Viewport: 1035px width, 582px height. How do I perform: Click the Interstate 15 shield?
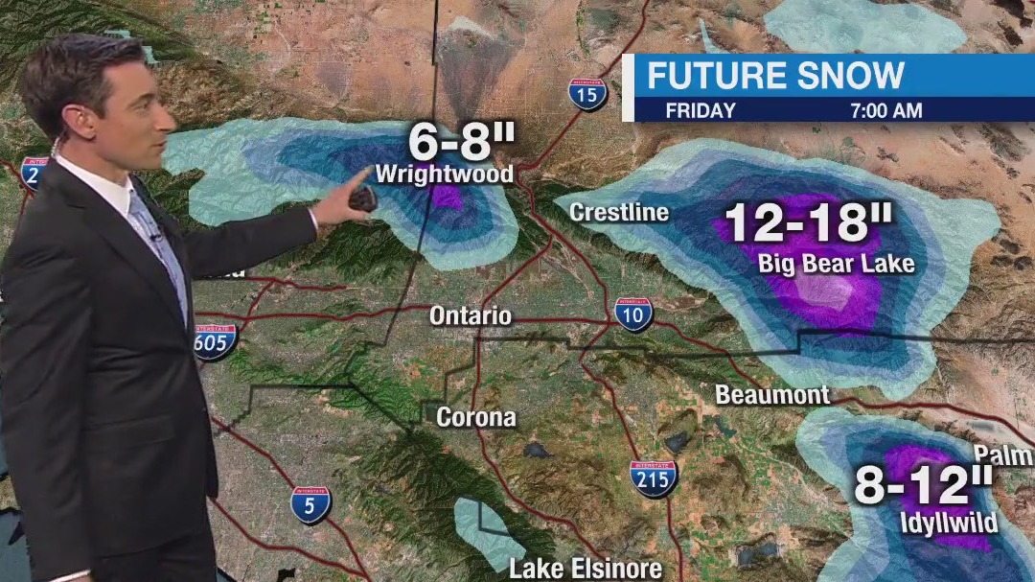click(586, 94)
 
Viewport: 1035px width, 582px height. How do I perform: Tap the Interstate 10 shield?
click(633, 314)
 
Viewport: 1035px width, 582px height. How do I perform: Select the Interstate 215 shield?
click(654, 477)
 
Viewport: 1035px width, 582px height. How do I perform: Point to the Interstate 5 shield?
click(310, 504)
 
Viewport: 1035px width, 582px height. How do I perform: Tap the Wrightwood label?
click(445, 175)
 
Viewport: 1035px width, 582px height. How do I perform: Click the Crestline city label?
click(619, 212)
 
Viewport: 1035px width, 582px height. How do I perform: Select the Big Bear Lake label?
click(837, 263)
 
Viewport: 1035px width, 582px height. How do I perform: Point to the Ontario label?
click(471, 315)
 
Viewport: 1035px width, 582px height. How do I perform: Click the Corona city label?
click(476, 417)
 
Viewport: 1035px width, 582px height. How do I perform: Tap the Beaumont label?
click(772, 394)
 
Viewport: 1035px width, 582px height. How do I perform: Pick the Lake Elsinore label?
click(586, 569)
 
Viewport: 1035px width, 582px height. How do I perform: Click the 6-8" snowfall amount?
click(462, 144)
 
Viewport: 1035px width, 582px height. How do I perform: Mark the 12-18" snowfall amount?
click(808, 223)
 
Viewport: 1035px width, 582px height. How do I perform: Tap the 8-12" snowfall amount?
click(924, 486)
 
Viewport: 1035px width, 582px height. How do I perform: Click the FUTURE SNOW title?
click(775, 76)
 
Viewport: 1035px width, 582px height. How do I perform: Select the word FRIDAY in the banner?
click(700, 110)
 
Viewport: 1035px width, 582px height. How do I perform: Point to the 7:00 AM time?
click(885, 110)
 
